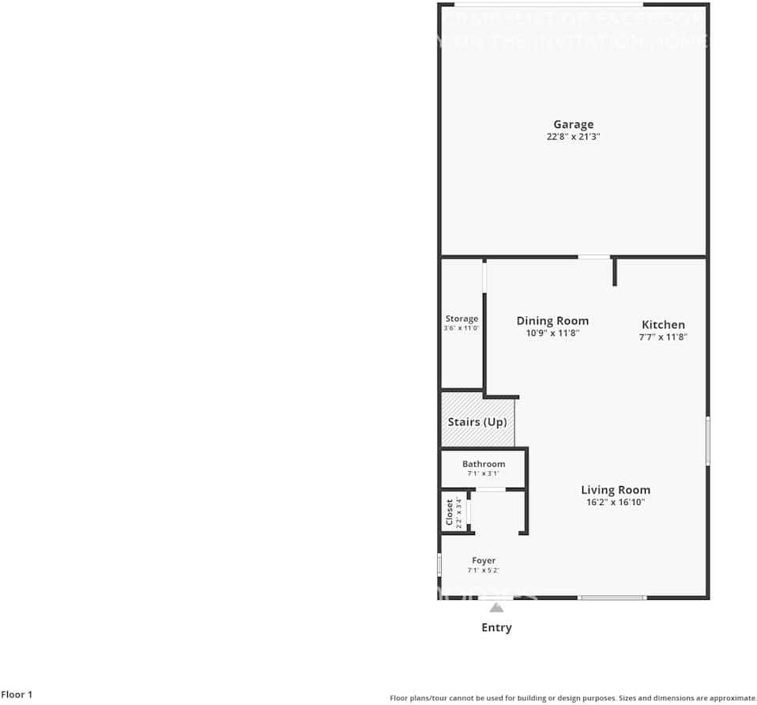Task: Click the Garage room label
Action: tap(573, 124)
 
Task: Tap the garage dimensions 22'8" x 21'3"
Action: tap(573, 137)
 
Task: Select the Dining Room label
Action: tap(552, 321)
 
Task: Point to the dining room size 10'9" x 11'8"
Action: tap(552, 334)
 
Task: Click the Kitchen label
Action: tap(663, 325)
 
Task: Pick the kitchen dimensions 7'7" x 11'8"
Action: tap(663, 337)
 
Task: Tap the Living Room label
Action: tap(616, 490)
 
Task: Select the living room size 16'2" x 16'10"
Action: tap(616, 502)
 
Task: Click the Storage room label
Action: tap(461, 319)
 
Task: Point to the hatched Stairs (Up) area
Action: tap(477, 422)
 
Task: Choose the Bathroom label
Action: tap(484, 464)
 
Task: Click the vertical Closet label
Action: tap(449, 511)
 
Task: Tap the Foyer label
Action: tap(484, 560)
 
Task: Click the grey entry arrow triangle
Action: tap(496, 607)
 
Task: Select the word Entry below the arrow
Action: tap(496, 628)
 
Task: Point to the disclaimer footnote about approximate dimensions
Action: tap(573, 698)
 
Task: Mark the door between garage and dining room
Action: tap(593, 257)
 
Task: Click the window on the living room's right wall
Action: tap(707, 440)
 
